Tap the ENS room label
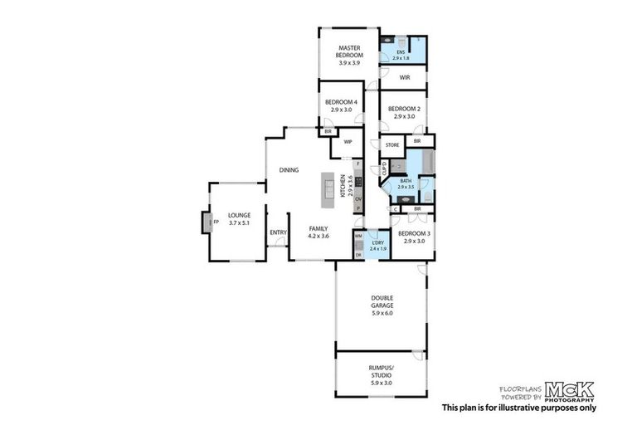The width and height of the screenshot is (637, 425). [x=400, y=52]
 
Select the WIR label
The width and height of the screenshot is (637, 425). [x=405, y=77]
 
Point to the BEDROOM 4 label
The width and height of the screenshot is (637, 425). [x=341, y=102]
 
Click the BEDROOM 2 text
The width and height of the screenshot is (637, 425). [x=404, y=108]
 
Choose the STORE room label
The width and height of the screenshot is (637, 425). [x=392, y=145]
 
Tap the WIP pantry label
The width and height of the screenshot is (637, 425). [x=347, y=141]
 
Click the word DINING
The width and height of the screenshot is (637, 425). [x=289, y=170]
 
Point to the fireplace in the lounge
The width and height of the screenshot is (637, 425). [x=206, y=222]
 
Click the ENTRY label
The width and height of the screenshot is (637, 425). [x=277, y=232]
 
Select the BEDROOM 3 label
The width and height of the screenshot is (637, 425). [x=413, y=234]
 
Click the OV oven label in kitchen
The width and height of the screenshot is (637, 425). [x=358, y=199]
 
